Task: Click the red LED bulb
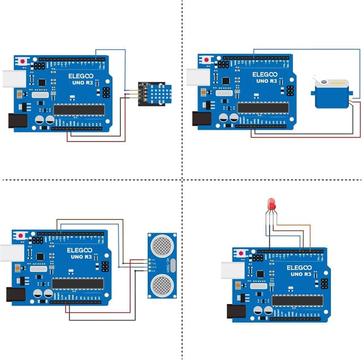[271, 203]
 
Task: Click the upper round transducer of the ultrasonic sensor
[162, 246]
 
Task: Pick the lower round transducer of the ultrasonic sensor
[162, 283]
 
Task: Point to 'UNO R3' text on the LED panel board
[299, 274]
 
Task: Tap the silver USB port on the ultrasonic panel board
[10, 252]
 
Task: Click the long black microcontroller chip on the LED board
[297, 301]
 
